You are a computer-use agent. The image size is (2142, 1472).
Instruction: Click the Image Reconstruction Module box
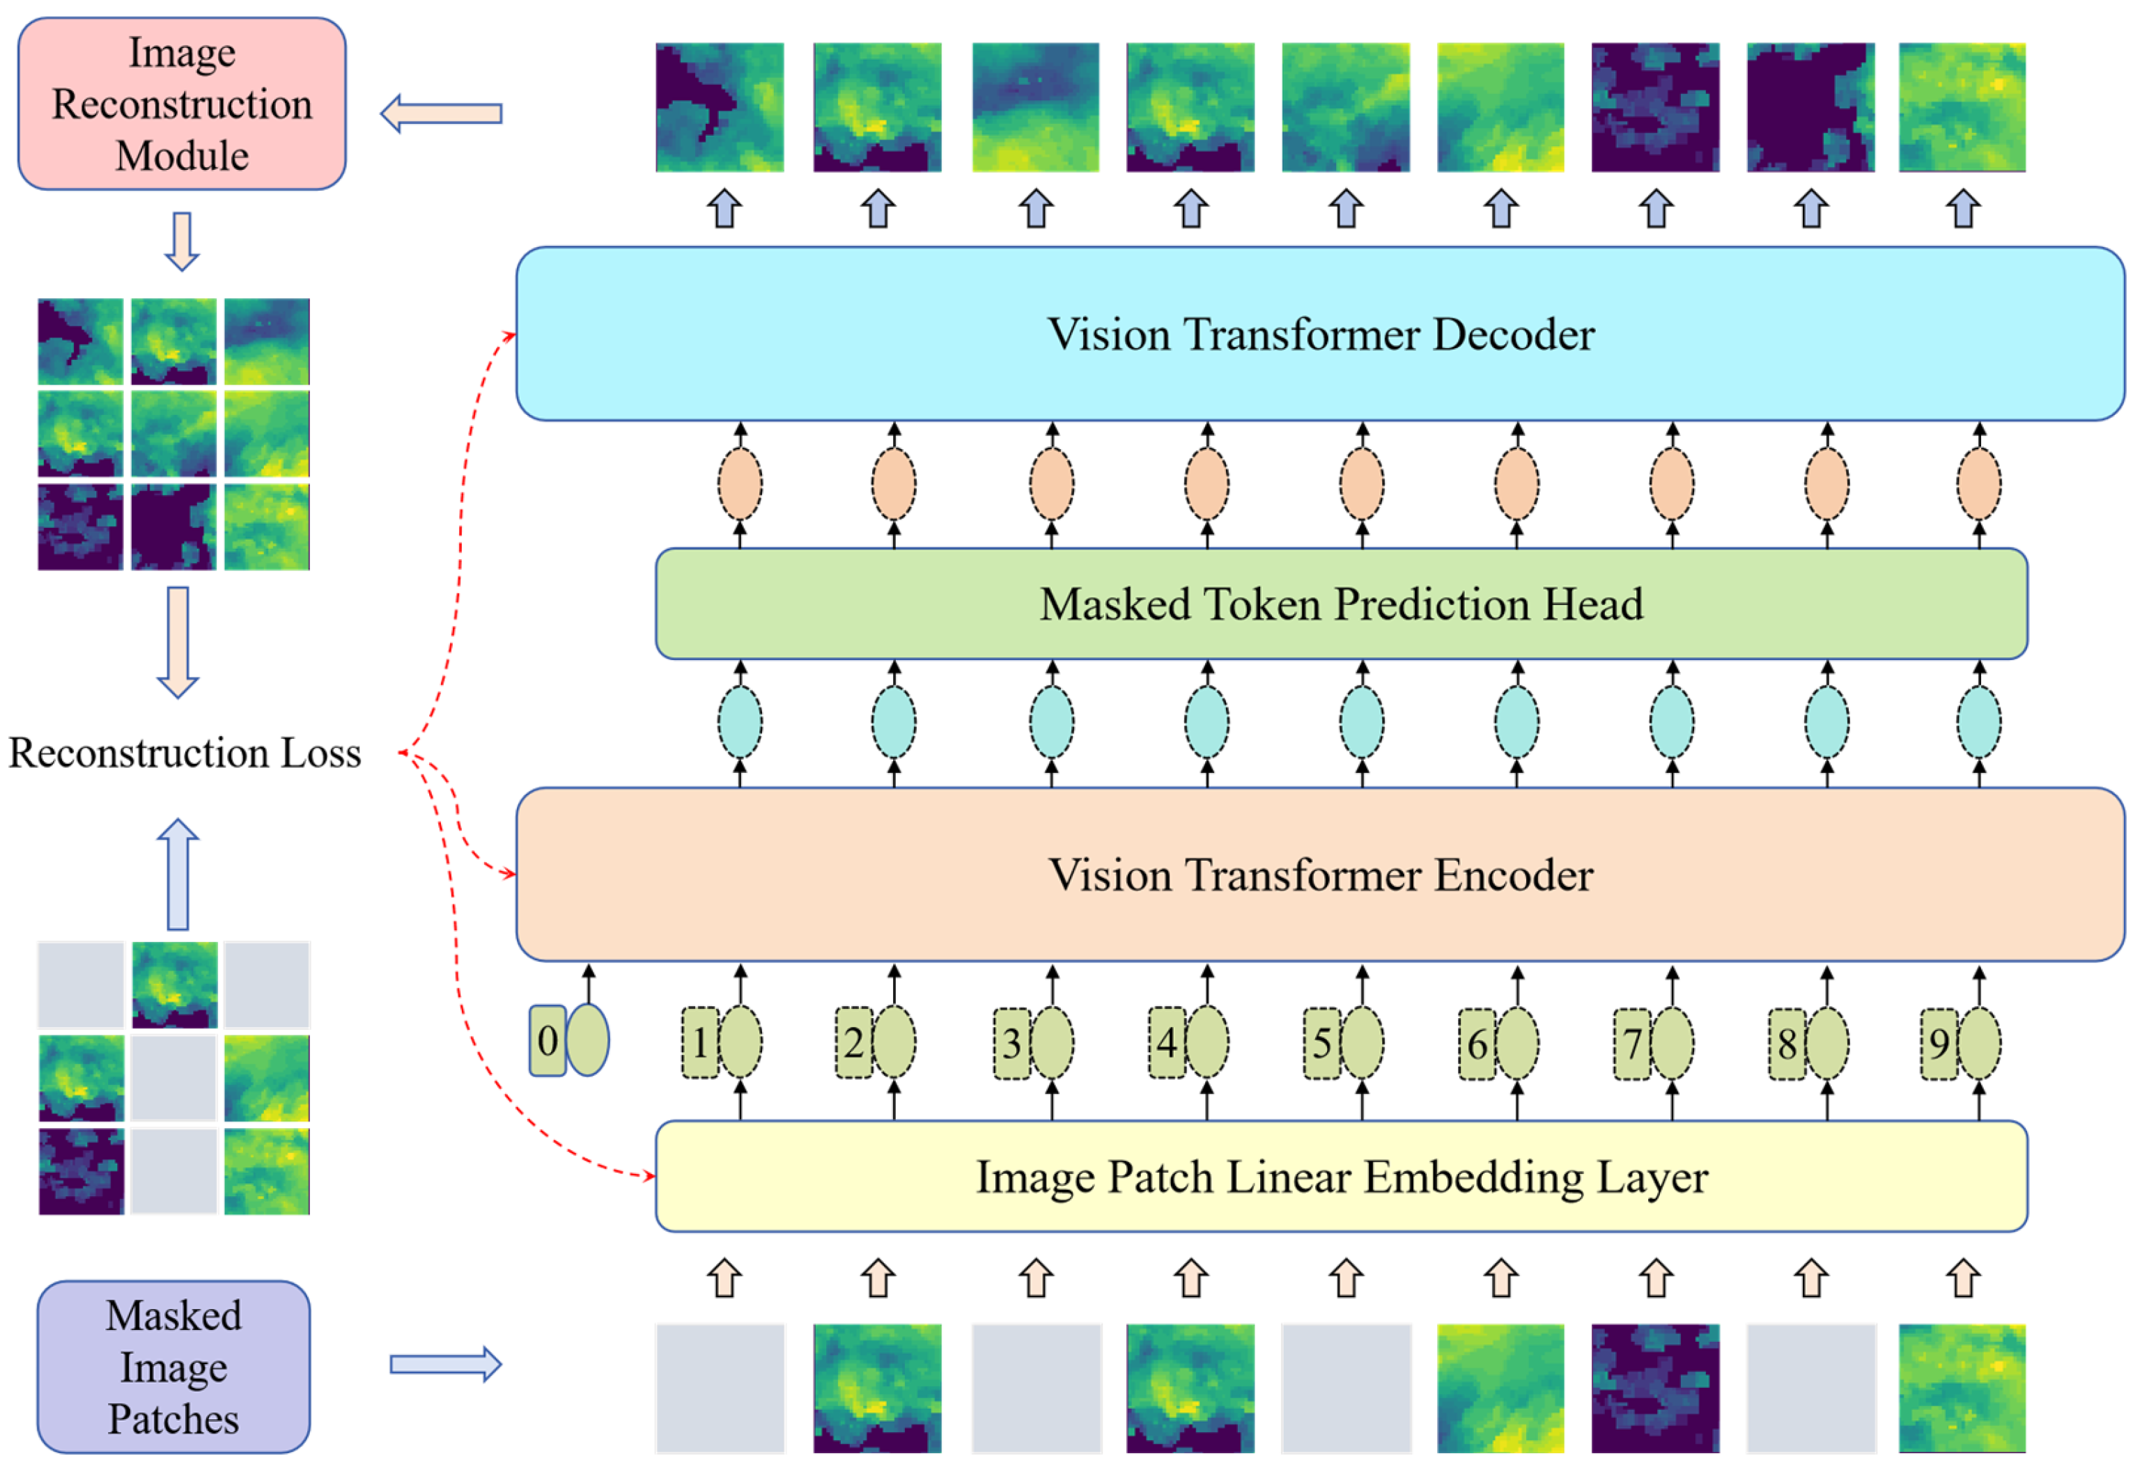182,103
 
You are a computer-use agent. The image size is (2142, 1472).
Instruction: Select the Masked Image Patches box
173,1366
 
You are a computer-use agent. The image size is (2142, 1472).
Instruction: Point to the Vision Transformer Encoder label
1320,875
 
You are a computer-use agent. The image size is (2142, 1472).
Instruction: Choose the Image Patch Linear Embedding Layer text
1342,1177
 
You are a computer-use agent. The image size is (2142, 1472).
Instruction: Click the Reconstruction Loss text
185,753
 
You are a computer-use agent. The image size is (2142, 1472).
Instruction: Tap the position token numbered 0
547,1040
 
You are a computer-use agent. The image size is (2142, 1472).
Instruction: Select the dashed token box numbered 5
1321,1043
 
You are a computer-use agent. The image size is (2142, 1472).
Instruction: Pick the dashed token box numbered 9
1938,1043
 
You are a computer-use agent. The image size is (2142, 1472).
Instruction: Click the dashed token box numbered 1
699,1043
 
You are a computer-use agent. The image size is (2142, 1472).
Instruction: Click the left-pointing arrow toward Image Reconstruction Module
441,113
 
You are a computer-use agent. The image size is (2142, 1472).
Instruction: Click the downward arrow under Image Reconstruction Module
182,242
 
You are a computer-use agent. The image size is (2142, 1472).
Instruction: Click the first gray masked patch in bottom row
720,1387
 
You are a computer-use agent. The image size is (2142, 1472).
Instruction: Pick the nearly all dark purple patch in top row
1810,107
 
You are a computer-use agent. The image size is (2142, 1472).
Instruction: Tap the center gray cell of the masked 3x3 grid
173,1078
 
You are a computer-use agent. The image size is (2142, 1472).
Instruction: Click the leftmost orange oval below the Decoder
740,483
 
